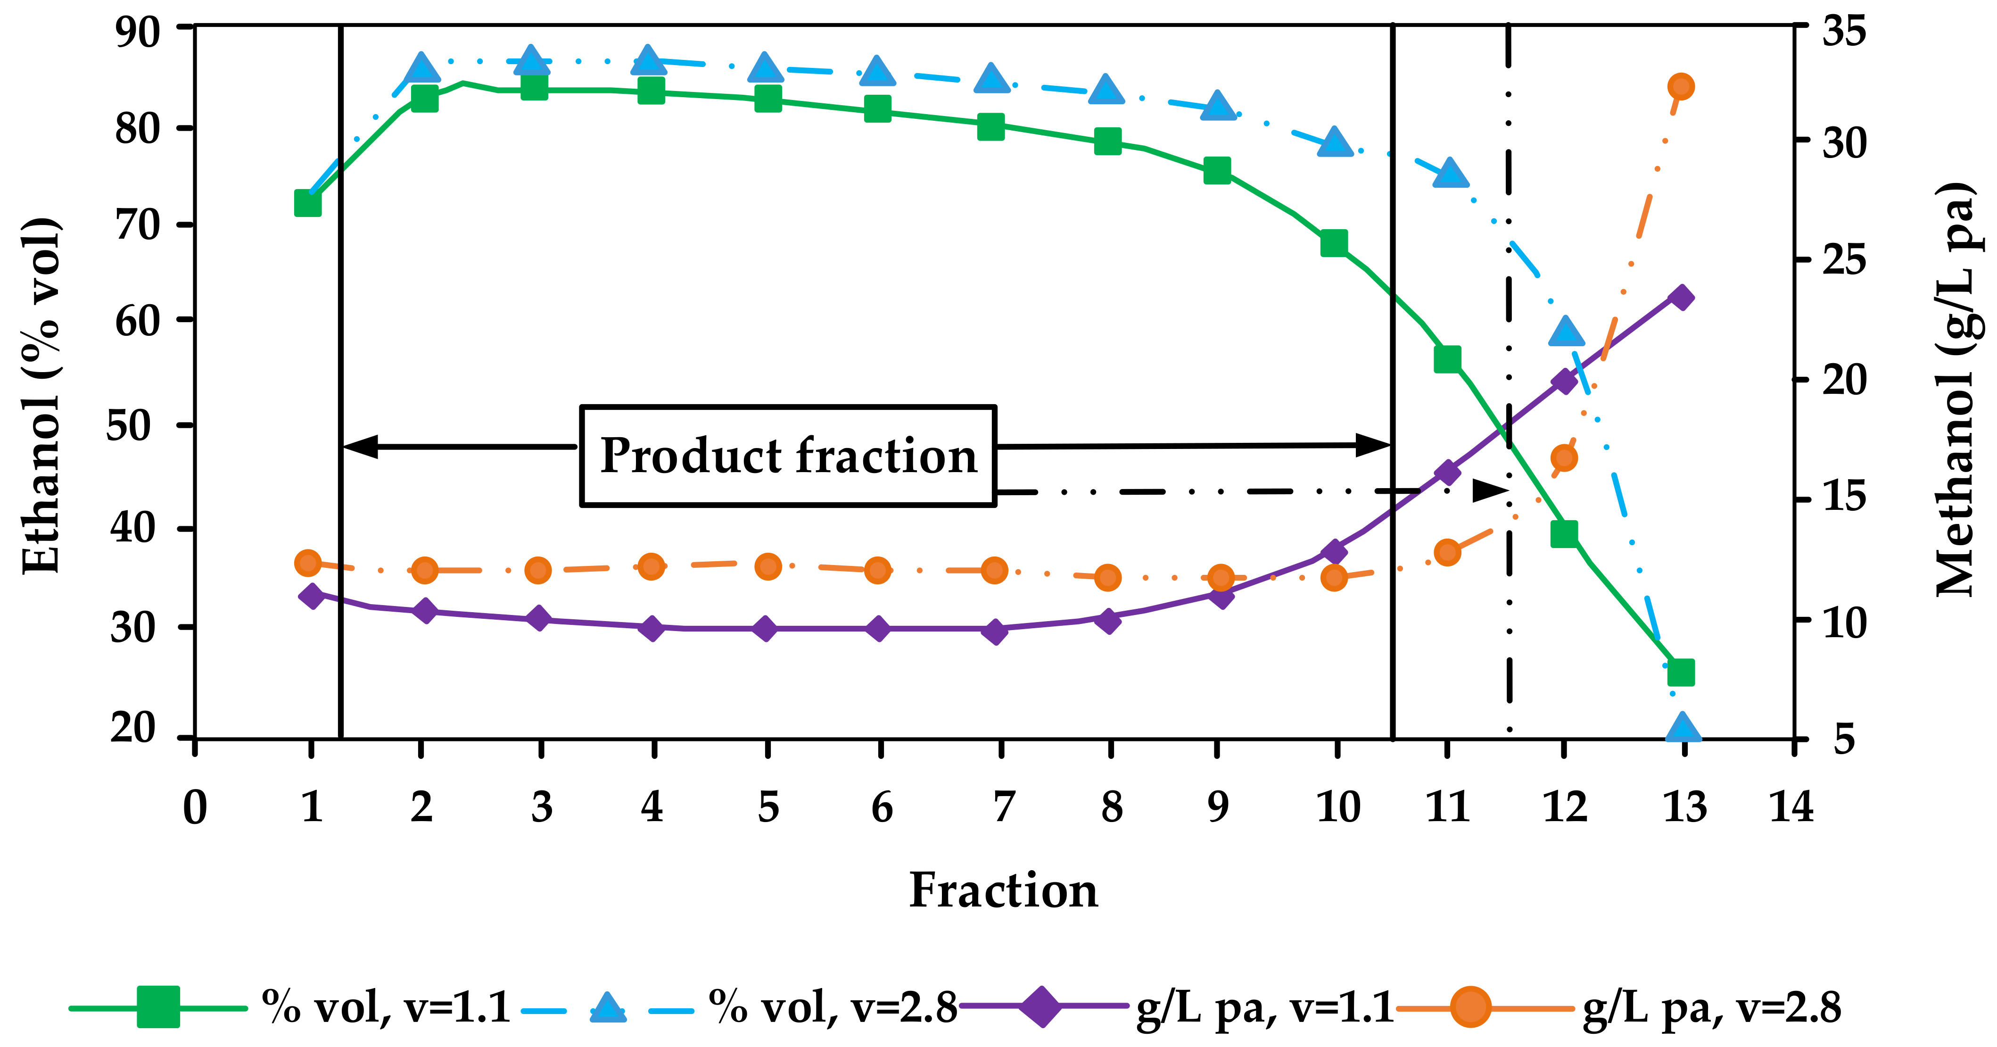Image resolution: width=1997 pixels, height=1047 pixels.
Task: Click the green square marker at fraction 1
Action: point(308,203)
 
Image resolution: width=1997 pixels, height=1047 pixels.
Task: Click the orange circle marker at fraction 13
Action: point(1681,86)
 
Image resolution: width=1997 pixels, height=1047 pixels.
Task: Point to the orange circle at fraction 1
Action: point(308,562)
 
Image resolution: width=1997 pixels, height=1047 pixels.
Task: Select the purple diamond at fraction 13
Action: point(1681,297)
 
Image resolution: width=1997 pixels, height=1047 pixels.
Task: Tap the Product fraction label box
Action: point(788,456)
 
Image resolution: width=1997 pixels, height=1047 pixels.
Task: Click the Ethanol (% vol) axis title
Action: point(41,396)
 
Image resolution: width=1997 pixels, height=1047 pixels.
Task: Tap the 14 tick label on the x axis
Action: point(1791,806)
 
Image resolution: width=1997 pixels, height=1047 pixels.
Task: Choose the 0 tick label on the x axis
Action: point(195,806)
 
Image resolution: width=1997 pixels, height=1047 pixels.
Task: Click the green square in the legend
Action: point(158,1007)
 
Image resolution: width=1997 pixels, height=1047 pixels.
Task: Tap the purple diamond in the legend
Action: point(1043,1007)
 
